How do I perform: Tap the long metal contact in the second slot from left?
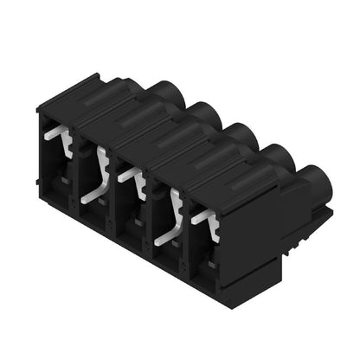tap(99, 177)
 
